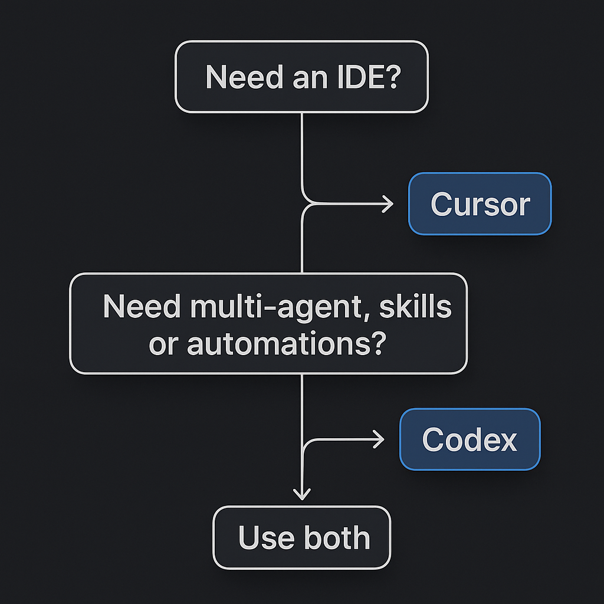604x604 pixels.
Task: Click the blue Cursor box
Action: pyautogui.click(x=480, y=204)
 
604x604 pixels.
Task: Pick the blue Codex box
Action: pyautogui.click(x=470, y=439)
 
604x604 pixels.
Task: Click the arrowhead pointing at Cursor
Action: pyautogui.click(x=388, y=204)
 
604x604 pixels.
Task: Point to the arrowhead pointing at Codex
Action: pyautogui.click(x=379, y=439)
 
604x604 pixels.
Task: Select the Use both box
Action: pyautogui.click(x=301, y=537)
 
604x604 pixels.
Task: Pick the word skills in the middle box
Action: pyautogui.click(x=415, y=307)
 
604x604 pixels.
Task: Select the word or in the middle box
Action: pyautogui.click(x=163, y=344)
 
